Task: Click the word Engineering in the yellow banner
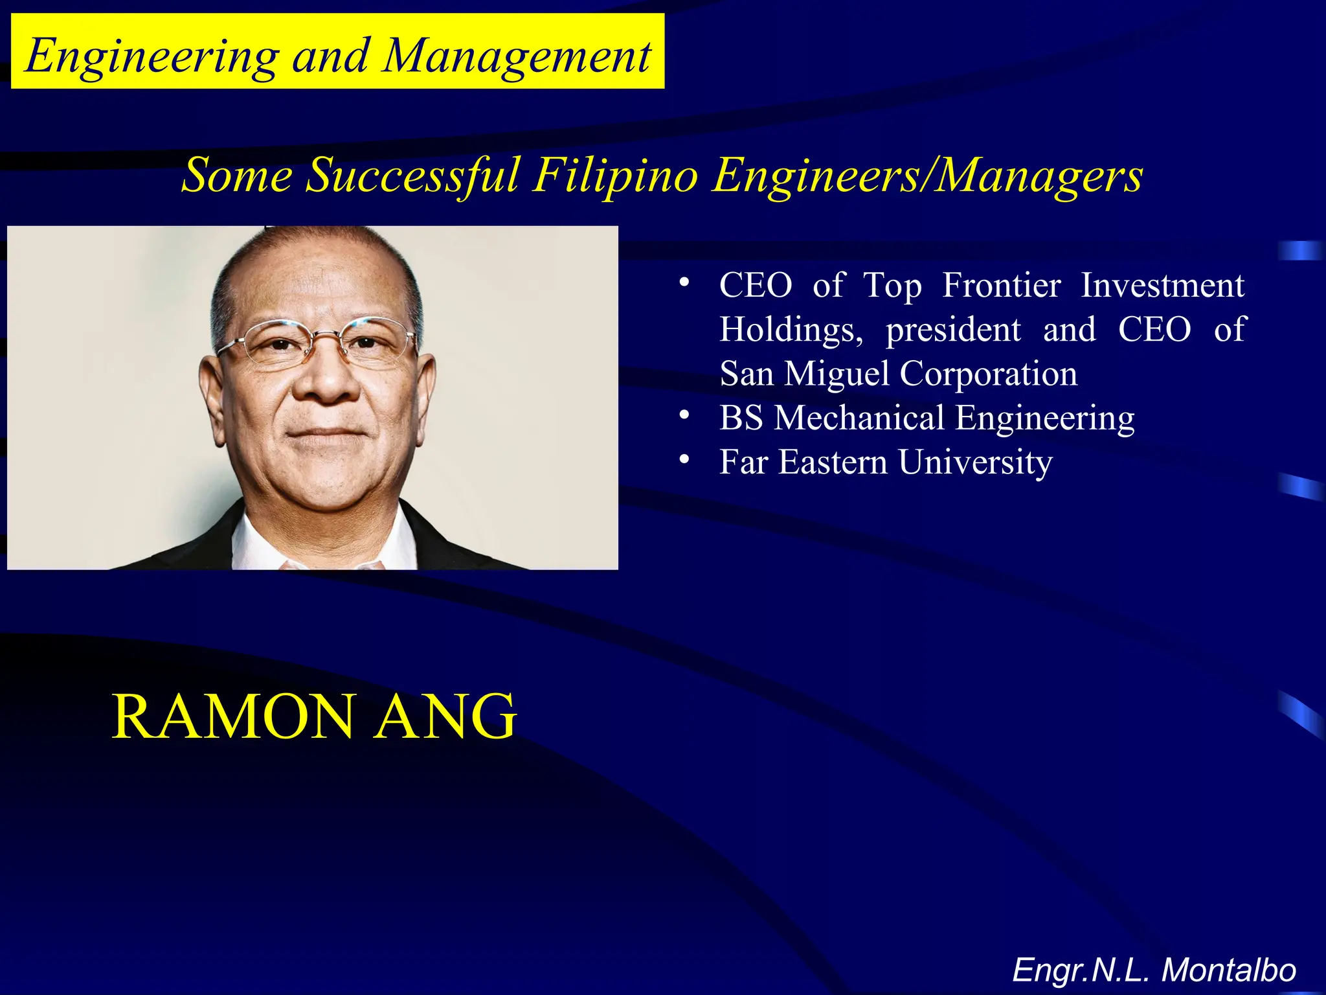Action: click(x=153, y=56)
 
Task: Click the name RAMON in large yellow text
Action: click(x=233, y=716)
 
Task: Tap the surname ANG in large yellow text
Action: click(x=446, y=716)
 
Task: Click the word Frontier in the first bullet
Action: click(x=1002, y=285)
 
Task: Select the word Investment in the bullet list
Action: click(x=1163, y=285)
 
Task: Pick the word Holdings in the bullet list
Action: click(x=791, y=330)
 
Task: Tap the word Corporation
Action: click(x=989, y=374)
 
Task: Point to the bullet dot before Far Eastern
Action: click(x=684, y=459)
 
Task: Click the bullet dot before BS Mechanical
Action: click(x=684, y=415)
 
